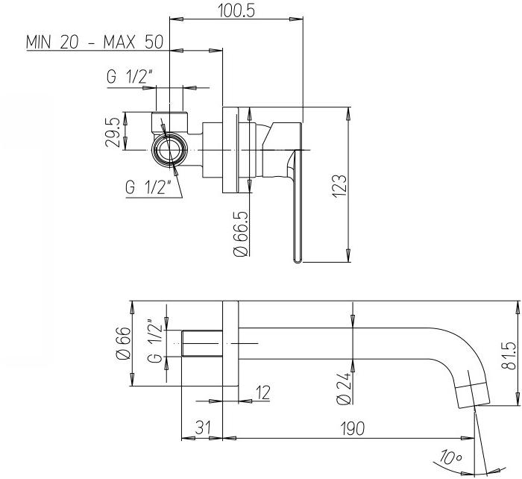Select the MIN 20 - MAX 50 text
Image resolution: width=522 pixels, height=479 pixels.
95,42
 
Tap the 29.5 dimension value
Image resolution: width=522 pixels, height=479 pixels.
112,132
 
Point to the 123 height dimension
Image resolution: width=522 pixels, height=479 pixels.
340,186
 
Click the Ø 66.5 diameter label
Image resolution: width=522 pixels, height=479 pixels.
242,234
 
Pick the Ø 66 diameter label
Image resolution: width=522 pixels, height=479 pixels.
123,343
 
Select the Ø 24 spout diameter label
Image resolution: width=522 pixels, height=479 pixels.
344,388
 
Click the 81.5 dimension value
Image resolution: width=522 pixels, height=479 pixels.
509,355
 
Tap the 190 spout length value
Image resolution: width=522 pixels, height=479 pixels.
353,428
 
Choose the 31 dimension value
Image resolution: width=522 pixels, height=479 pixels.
203,428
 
